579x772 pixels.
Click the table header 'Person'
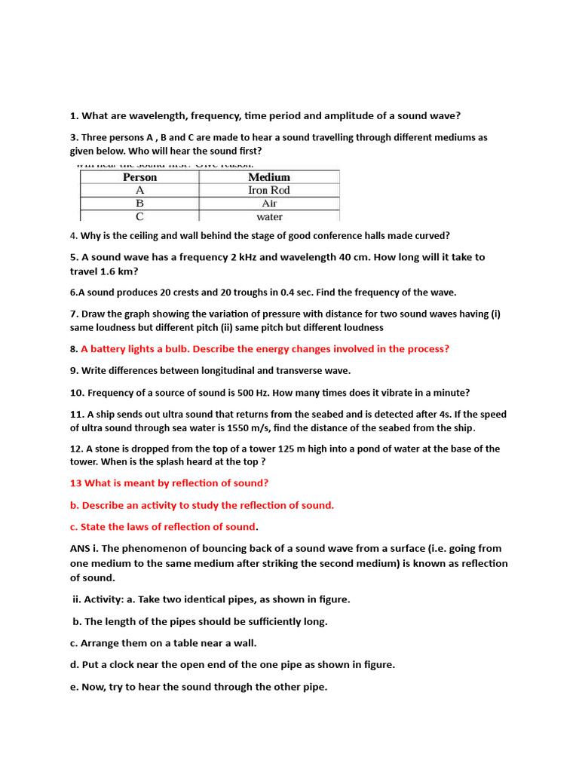(x=139, y=177)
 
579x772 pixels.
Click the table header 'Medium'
(x=269, y=177)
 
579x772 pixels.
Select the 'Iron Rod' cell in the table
(x=269, y=190)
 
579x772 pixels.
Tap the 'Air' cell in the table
(x=269, y=204)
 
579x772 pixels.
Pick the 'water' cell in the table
(x=269, y=217)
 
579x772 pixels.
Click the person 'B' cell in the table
(x=139, y=204)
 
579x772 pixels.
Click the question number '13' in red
(x=75, y=483)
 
